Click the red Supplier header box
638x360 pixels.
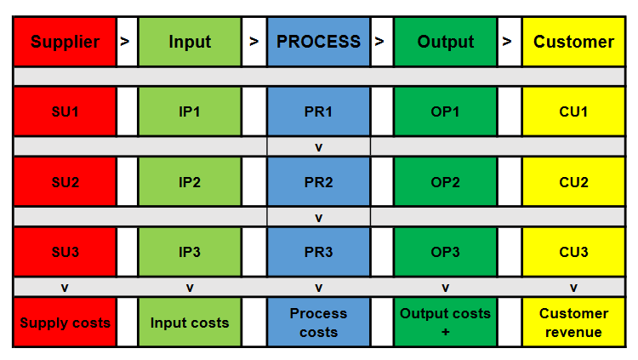[x=65, y=42]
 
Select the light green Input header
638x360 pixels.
[x=190, y=42]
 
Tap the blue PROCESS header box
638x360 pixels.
[x=318, y=42]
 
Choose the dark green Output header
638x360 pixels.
[x=445, y=42]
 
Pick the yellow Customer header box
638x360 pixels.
[x=573, y=42]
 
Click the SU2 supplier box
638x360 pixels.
[x=65, y=183]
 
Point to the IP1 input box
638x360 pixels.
[x=190, y=111]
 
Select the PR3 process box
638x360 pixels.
[x=318, y=253]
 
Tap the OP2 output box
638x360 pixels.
[x=445, y=183]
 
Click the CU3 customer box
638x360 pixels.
[x=573, y=253]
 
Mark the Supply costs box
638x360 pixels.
[x=65, y=323]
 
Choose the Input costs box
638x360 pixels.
[x=190, y=323]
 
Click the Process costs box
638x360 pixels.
[x=318, y=323]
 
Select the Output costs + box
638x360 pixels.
[x=445, y=323]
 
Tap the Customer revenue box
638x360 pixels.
[x=573, y=323]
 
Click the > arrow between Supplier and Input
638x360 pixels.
[x=126, y=42]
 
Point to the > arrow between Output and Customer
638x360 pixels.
[x=508, y=42]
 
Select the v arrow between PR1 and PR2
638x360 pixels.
[x=318, y=147]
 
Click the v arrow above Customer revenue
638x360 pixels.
[x=573, y=288]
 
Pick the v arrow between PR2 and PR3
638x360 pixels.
[x=318, y=218]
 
